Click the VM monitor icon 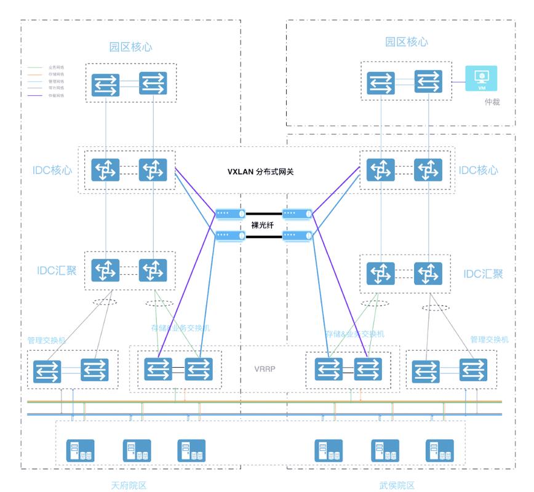[482, 78]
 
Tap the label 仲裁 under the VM [492, 102]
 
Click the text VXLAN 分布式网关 [260, 172]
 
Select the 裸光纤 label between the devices [263, 225]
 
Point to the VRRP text [265, 370]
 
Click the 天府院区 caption [129, 485]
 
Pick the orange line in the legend [36, 74]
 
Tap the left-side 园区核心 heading [130, 47]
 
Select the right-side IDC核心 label [477, 170]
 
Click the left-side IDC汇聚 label [57, 269]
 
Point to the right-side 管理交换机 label [489, 339]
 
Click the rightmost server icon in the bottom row [439, 451]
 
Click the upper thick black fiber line [263, 214]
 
